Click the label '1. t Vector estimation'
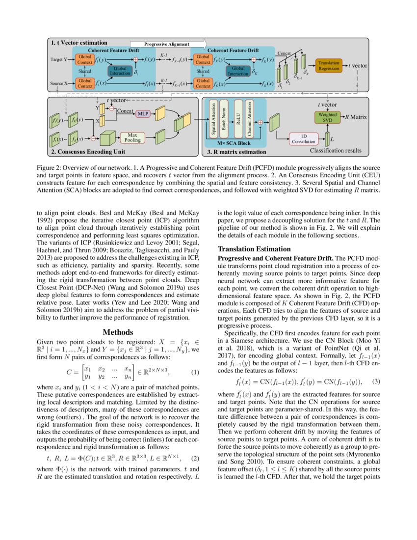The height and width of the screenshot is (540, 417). pyautogui.click(x=79, y=43)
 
